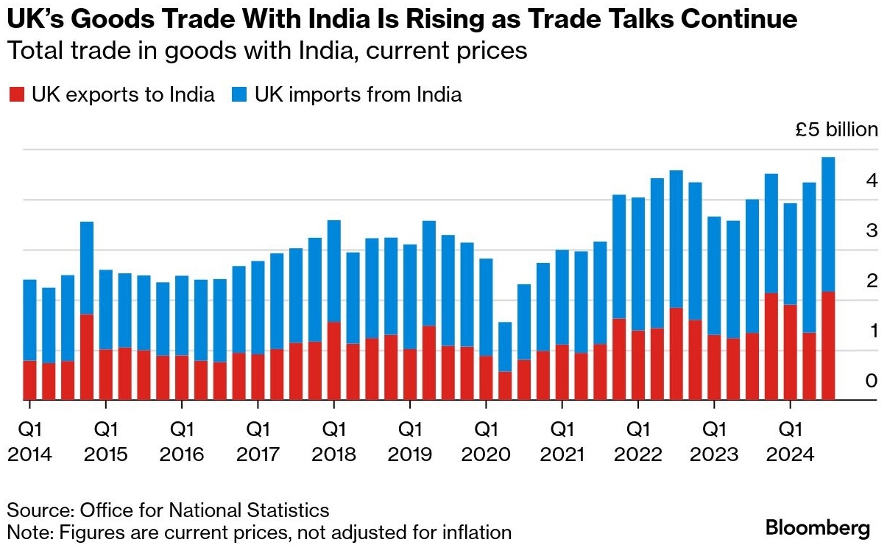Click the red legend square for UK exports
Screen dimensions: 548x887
point(16,95)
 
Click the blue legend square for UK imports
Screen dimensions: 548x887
point(239,95)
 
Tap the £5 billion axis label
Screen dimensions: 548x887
point(836,130)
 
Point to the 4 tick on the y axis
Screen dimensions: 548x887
point(872,180)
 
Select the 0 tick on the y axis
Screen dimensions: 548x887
point(872,381)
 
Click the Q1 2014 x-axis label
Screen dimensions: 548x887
point(29,441)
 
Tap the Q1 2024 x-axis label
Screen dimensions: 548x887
point(790,441)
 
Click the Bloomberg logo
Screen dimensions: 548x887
point(818,527)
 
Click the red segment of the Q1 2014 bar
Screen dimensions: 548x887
point(29,380)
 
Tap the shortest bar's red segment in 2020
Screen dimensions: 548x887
point(505,385)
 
